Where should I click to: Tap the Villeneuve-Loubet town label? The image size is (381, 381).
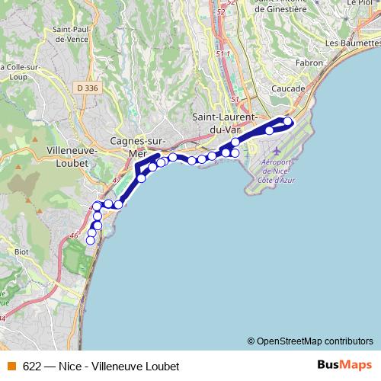[71, 155]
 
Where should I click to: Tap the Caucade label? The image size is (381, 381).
[287, 89]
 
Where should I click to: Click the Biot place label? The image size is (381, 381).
[22, 249]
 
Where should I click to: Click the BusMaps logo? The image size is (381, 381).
[344, 364]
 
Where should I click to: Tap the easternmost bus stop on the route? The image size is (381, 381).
[288, 121]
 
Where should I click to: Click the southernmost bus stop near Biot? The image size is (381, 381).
[90, 240]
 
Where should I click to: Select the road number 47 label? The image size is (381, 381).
[117, 180]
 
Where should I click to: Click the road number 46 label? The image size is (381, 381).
[73, 237]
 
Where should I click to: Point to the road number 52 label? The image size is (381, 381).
[222, 13]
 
